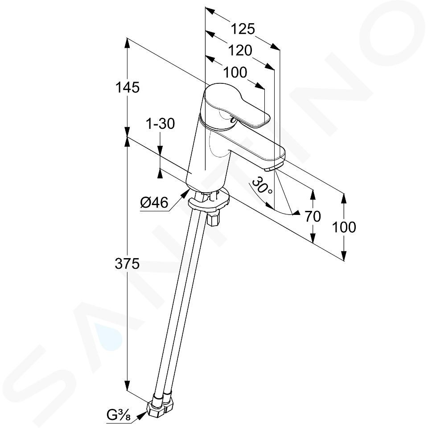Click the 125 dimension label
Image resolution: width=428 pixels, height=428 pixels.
[243, 29]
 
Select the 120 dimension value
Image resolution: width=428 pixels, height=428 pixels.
[240, 51]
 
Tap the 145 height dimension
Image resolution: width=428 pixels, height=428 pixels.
[128, 88]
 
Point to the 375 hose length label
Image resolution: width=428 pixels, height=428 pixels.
[127, 264]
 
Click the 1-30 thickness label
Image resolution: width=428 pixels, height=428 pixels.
[160, 124]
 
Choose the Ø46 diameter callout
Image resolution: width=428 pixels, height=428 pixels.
[154, 202]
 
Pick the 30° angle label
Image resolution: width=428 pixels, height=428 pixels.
[262, 185]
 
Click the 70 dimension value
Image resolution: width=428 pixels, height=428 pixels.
[313, 217]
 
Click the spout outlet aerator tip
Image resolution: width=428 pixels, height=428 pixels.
[273, 167]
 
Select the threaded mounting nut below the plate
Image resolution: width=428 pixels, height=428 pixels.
[214, 218]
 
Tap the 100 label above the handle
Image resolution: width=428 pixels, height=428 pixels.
[235, 73]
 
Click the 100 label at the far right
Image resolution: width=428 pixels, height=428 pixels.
[344, 227]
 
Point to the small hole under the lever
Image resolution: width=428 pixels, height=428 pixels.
[233, 119]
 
